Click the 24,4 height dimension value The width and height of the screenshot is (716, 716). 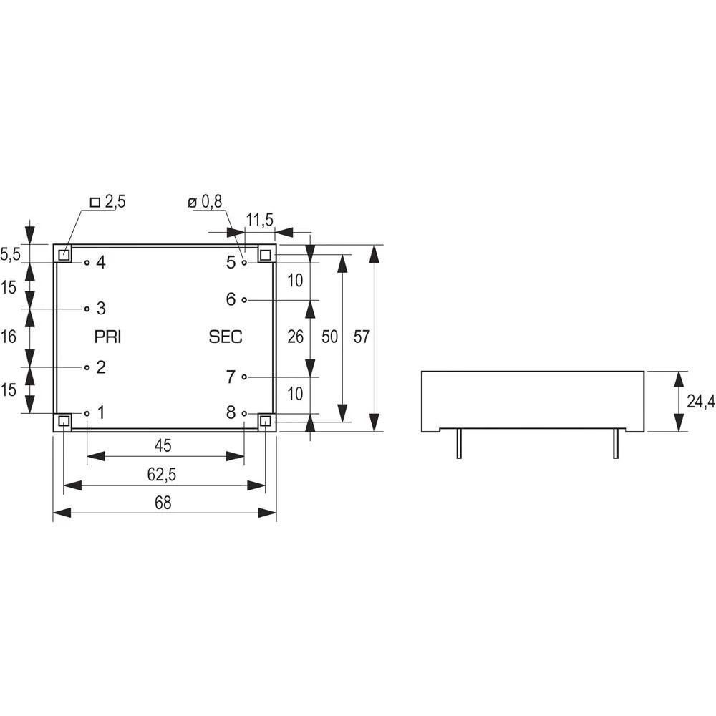(x=700, y=402)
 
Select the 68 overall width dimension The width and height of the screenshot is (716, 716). (x=163, y=503)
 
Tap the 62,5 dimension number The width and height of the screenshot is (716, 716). (x=163, y=475)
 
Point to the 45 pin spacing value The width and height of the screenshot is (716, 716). (x=163, y=446)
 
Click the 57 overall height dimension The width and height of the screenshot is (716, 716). (x=362, y=337)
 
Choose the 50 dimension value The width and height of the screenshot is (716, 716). (x=329, y=337)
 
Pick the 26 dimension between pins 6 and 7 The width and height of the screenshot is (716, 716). (x=296, y=337)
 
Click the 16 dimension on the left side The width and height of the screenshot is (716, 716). (x=8, y=337)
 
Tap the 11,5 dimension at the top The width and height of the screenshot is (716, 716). (x=258, y=220)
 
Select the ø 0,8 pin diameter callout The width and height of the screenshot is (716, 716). (x=205, y=203)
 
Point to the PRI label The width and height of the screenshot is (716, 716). (x=108, y=337)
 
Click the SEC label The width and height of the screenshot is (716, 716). (x=226, y=337)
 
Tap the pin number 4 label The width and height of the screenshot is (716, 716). (x=101, y=263)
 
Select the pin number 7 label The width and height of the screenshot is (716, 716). (x=231, y=377)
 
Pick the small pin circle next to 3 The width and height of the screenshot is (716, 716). (x=87, y=309)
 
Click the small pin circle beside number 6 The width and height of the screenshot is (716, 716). (x=244, y=300)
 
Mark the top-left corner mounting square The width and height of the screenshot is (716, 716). (x=64, y=255)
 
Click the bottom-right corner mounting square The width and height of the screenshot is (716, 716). (x=266, y=421)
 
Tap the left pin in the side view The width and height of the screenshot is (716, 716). (x=458, y=444)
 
